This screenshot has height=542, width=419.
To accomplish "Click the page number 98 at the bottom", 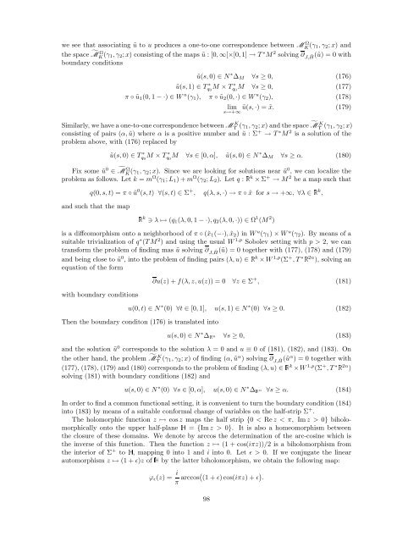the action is pyautogui.click(x=209, y=523).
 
